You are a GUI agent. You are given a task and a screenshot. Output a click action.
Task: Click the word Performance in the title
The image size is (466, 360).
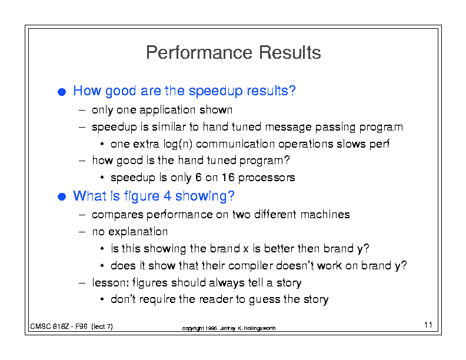[199, 52]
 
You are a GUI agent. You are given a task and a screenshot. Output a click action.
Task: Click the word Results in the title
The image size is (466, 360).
[289, 52]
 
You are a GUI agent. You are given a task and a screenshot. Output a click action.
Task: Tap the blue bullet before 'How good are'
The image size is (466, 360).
[62, 92]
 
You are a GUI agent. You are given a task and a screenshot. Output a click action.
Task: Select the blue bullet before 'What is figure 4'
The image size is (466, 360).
[62, 196]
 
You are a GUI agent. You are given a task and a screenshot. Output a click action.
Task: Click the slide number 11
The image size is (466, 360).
[428, 325]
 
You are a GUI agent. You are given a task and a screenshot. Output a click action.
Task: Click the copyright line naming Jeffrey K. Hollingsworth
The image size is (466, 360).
[229, 328]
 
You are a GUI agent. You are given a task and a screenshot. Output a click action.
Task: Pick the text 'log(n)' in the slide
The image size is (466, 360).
[178, 144]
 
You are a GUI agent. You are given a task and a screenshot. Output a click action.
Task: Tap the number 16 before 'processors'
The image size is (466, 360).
[228, 177]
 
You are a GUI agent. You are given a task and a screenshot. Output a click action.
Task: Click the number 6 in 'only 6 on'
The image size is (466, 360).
[198, 177]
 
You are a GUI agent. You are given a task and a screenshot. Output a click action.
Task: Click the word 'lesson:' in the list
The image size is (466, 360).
[110, 282]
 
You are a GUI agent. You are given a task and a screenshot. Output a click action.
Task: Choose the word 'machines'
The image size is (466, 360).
[325, 215]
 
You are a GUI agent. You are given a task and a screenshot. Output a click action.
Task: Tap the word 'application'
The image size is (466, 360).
[167, 110]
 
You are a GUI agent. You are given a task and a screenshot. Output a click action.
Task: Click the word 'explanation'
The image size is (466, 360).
[138, 232]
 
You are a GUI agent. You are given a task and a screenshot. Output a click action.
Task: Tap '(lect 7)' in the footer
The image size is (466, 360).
[102, 326]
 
